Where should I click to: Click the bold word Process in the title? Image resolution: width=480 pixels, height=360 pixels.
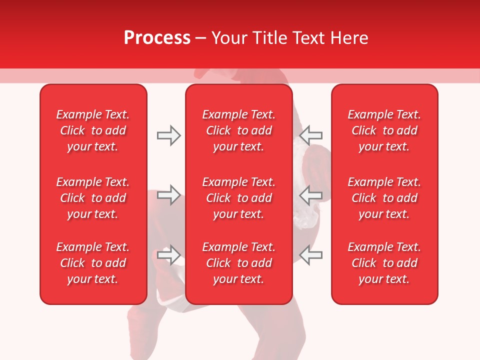(157, 38)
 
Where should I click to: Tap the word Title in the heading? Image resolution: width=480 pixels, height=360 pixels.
(270, 38)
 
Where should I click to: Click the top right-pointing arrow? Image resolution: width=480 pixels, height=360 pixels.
(168, 135)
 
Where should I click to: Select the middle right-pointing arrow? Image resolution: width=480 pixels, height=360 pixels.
(168, 195)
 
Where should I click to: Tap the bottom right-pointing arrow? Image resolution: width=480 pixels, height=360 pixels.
(168, 254)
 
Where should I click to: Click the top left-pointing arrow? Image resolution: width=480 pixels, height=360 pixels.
(311, 135)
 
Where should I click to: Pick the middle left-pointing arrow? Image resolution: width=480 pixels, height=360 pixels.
(311, 195)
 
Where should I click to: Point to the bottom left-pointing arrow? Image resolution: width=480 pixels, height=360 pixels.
(311, 254)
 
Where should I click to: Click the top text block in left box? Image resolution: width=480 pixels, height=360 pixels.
(93, 130)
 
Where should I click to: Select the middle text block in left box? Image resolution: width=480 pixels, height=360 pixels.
(93, 198)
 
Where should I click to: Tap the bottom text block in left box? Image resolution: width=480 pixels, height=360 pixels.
(93, 263)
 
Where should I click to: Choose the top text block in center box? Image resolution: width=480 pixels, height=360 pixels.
(238, 130)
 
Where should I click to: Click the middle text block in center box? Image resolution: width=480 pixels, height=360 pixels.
(238, 198)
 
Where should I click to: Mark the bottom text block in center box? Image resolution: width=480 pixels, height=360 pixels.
(238, 263)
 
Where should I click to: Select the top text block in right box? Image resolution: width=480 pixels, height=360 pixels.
(384, 130)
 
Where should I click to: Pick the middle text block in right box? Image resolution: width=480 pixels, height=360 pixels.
(384, 198)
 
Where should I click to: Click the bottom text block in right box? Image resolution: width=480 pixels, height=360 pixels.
(384, 263)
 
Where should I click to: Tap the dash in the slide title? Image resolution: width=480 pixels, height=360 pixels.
(201, 38)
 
